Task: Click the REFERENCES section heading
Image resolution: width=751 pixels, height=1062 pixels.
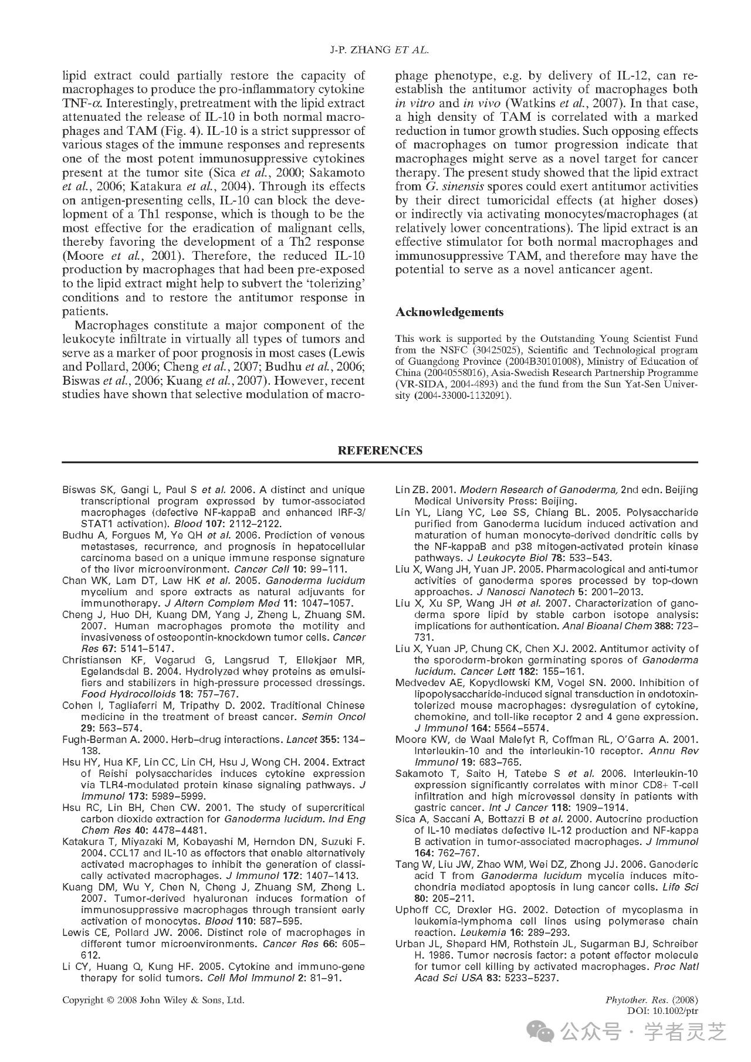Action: coord(380,450)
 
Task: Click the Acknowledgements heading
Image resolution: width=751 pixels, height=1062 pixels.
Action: coord(449,312)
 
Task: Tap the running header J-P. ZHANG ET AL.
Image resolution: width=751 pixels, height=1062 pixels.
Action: coord(380,50)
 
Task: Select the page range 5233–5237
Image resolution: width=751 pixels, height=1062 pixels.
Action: coord(527,978)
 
